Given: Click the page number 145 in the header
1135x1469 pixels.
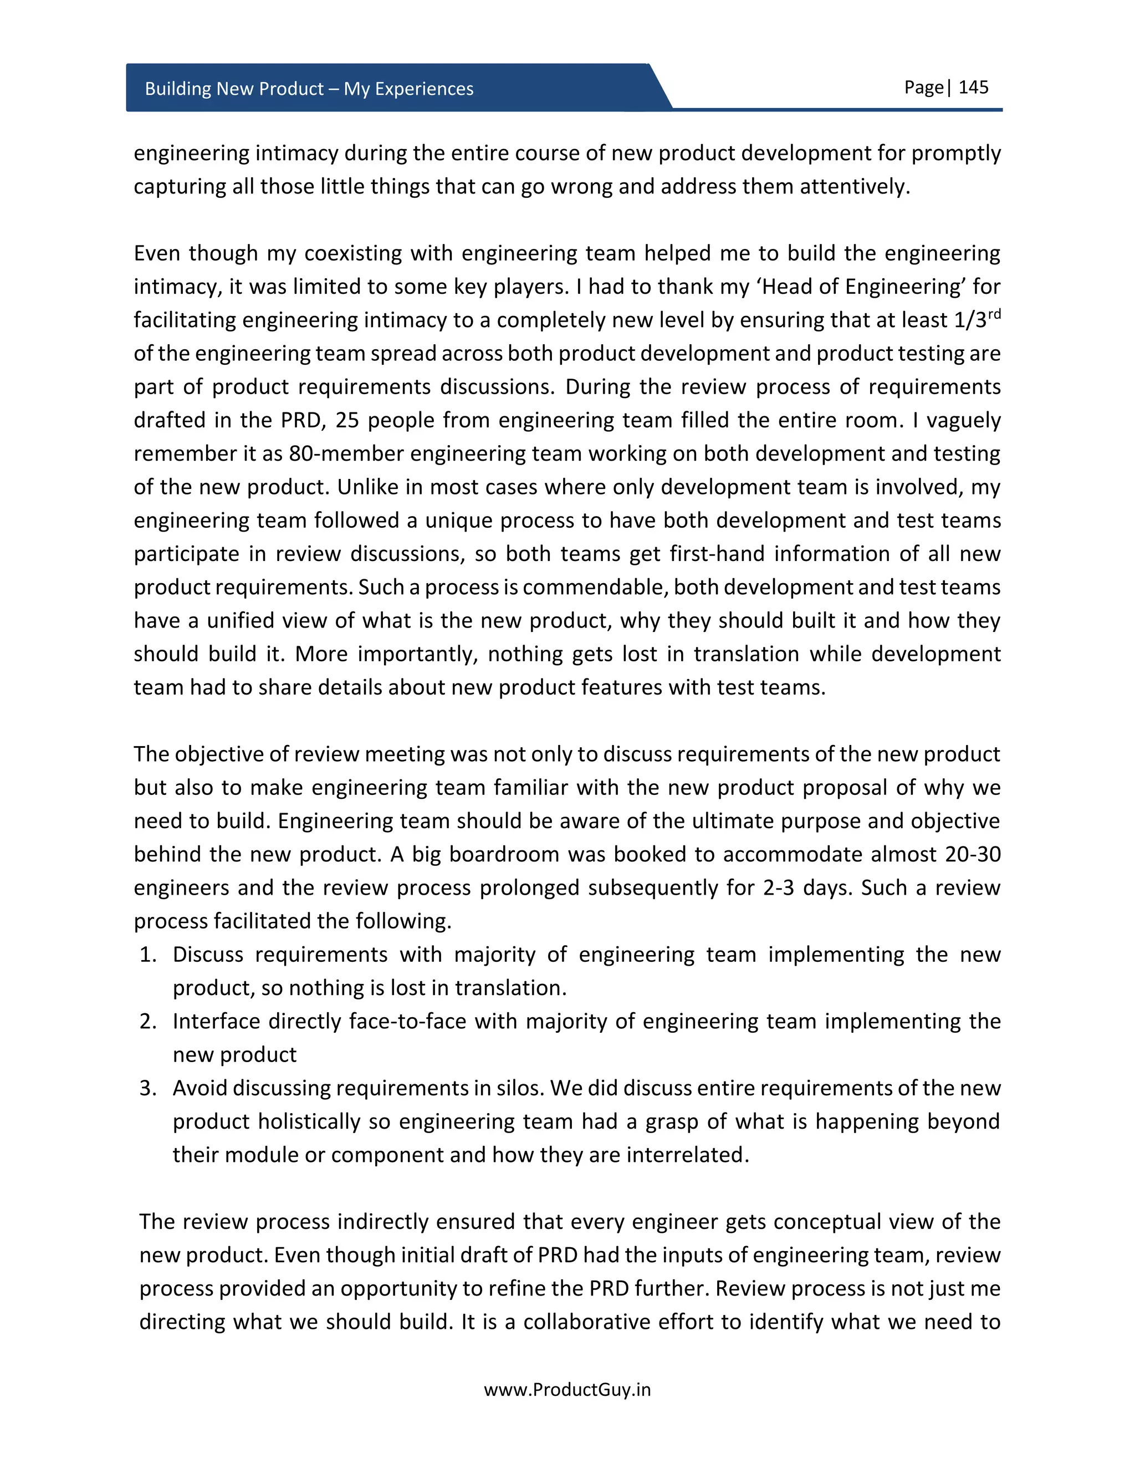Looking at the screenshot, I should (x=973, y=88).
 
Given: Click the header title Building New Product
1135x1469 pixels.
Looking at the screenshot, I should (x=309, y=89).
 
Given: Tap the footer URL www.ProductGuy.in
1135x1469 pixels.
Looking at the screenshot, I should (x=567, y=1390).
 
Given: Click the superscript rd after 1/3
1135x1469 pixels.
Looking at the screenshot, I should (x=994, y=313).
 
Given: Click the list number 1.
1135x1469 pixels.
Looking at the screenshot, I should (x=147, y=955).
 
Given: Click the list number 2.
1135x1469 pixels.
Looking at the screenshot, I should (x=147, y=1021).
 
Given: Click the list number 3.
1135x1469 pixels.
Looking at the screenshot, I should (x=147, y=1088).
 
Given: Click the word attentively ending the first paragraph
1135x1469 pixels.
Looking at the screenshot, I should (x=855, y=186).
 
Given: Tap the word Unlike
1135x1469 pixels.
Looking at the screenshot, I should (x=368, y=487).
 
